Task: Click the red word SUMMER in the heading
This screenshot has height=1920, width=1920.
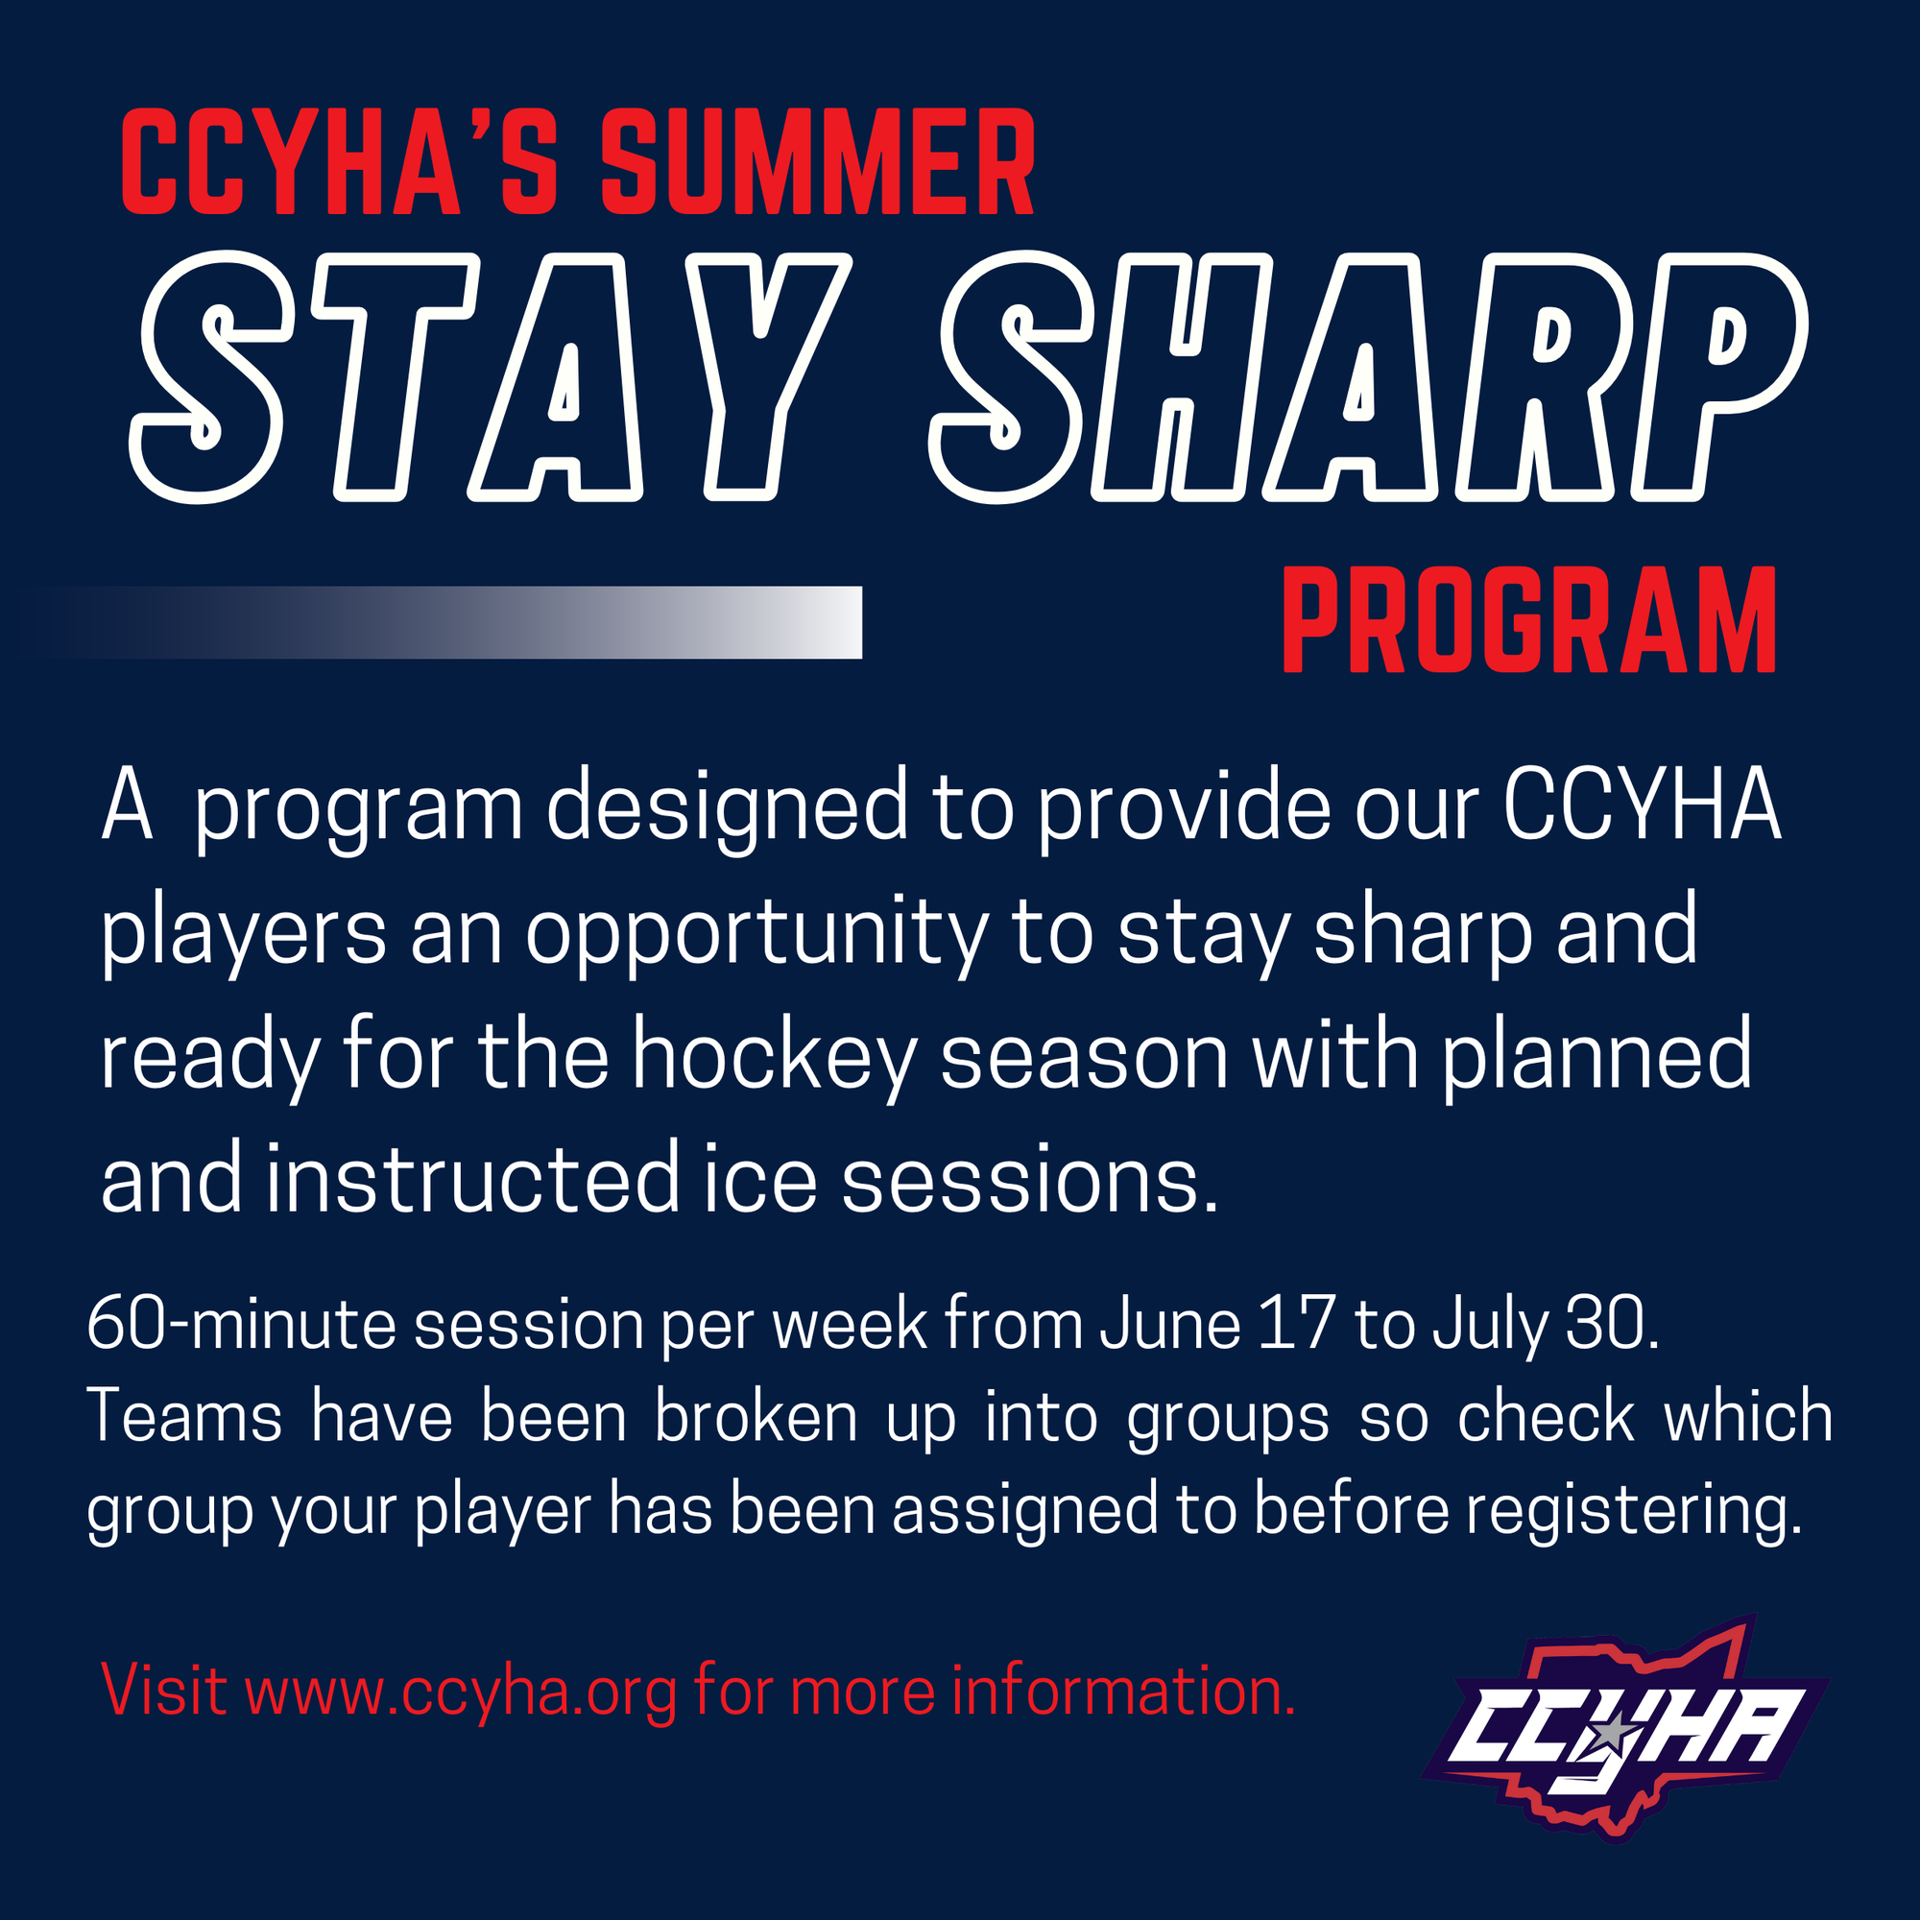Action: pyautogui.click(x=818, y=161)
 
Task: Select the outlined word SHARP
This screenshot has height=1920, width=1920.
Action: pyautogui.click(x=1368, y=375)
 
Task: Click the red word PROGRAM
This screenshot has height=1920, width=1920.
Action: pyautogui.click(x=1529, y=620)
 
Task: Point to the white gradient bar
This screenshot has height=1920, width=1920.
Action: pyautogui.click(x=447, y=622)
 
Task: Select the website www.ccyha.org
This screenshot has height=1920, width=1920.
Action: pyautogui.click(x=461, y=1692)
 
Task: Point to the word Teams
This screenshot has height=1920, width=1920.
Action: pyautogui.click(x=185, y=1416)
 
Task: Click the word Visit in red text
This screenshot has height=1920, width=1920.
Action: pyautogui.click(x=164, y=1691)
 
